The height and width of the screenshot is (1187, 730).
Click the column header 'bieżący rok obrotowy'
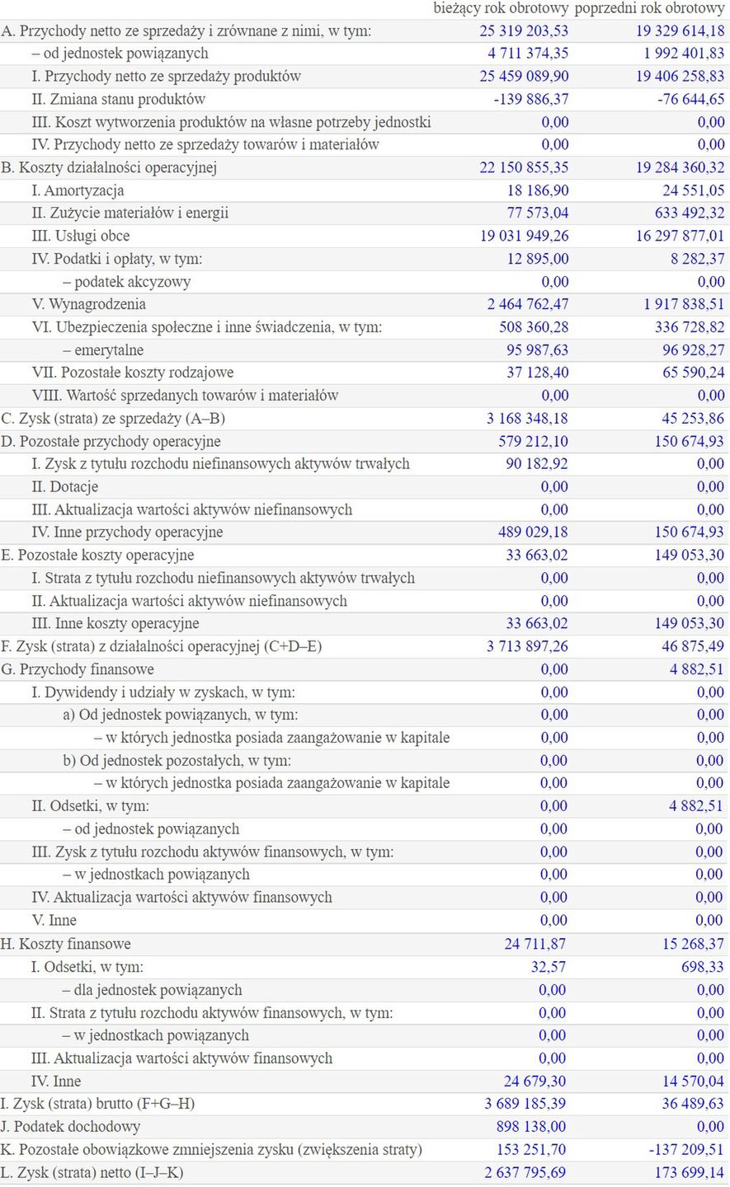[501, 8]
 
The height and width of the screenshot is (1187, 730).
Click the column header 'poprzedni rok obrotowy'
[649, 8]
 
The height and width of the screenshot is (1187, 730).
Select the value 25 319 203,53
[524, 31]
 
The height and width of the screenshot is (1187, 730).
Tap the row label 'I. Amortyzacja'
[78, 190]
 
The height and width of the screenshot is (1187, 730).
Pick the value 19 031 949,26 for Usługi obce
[524, 236]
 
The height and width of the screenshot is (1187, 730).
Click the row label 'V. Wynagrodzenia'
[86, 304]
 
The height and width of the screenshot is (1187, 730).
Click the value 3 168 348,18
[527, 419]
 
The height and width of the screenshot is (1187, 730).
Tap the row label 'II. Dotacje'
[64, 487]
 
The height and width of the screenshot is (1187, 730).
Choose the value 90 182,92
[537, 464]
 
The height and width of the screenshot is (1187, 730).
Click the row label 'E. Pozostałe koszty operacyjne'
[98, 556]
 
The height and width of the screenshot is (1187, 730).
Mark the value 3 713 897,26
[527, 647]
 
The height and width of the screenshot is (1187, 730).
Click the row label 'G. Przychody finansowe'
[78, 669]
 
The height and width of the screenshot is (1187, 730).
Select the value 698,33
[703, 967]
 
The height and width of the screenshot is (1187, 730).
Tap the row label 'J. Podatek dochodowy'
[70, 1127]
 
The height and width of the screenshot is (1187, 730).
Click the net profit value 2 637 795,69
[526, 1172]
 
